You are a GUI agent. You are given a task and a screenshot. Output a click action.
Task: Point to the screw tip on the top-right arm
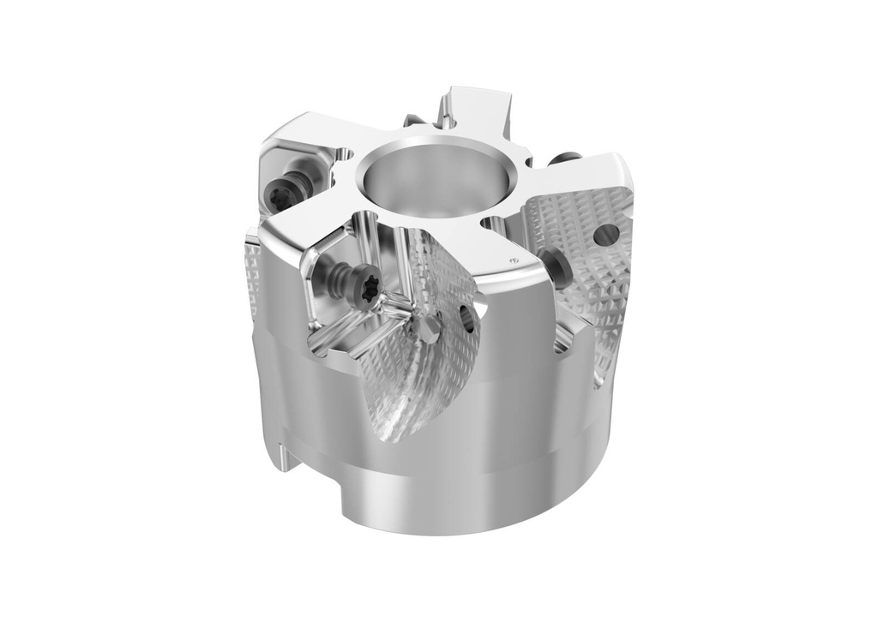click(565, 158)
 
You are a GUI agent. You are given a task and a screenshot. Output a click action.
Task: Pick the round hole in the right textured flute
click(607, 232)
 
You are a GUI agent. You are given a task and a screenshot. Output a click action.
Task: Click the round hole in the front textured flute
click(467, 319)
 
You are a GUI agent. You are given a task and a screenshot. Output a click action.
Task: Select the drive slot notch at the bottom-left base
click(286, 455)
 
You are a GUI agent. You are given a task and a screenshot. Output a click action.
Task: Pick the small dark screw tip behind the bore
click(412, 121)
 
